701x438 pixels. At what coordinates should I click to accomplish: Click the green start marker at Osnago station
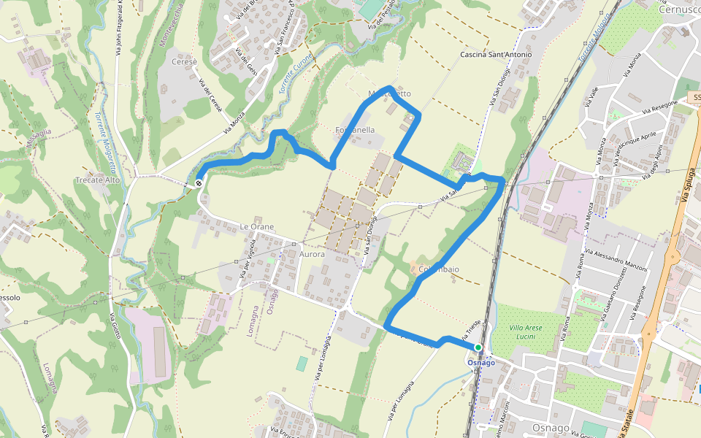point(478,347)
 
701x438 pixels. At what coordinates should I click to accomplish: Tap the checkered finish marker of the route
point(199,183)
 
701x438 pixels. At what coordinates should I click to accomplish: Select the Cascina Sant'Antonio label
point(496,55)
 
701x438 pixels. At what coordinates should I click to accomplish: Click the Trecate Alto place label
point(98,180)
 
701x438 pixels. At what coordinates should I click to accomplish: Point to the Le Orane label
point(257,227)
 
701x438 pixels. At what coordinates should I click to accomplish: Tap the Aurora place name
point(312,255)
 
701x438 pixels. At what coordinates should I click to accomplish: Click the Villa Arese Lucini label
point(526,332)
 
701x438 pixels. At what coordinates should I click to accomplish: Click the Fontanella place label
point(355,130)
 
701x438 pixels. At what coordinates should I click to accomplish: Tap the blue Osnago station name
point(481,363)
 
